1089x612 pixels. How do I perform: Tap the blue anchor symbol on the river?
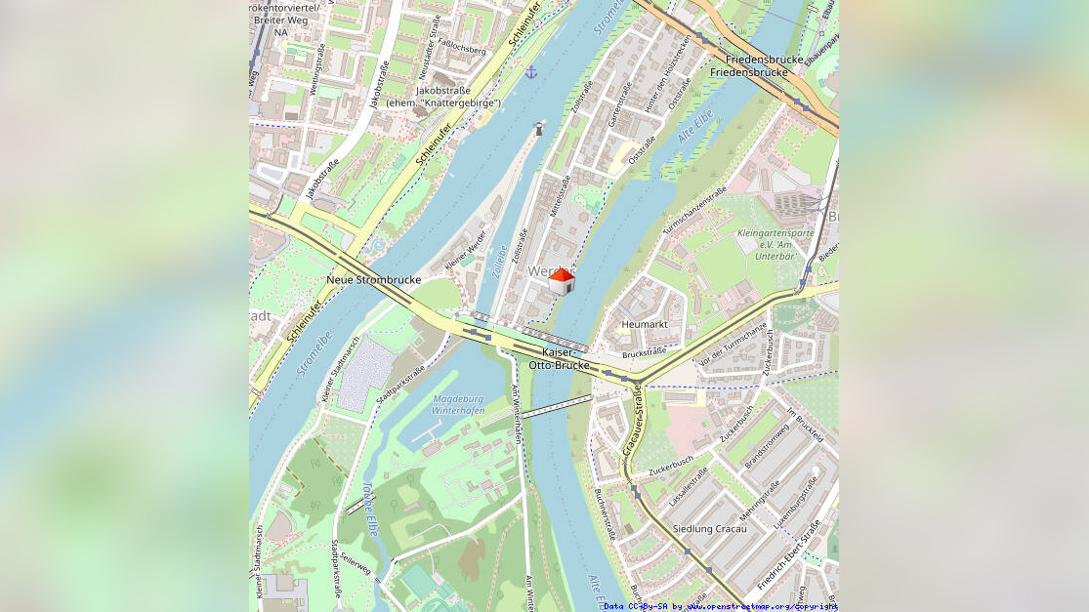(531, 72)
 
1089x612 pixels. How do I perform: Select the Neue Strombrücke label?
(373, 280)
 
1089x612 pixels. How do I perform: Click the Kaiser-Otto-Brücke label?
(559, 358)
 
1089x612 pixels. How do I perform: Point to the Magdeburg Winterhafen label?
(458, 405)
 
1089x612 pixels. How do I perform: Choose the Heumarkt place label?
(644, 324)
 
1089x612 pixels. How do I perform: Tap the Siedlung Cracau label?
(710, 529)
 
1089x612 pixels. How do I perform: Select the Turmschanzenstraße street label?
(694, 210)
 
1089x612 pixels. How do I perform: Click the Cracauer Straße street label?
(631, 422)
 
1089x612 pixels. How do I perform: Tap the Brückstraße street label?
(644, 352)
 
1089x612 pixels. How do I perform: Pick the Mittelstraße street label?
(559, 195)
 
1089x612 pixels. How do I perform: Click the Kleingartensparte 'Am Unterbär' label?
(775, 245)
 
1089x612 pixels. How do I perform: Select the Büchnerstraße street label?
(604, 513)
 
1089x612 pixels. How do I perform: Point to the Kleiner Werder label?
(465, 256)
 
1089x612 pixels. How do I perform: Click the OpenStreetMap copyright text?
(720, 606)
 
